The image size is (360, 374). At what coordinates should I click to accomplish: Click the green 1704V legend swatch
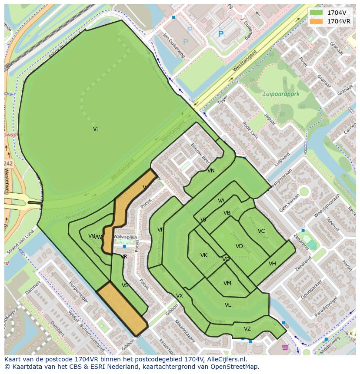click(x=317, y=12)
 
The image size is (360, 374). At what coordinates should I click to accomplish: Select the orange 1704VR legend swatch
click(x=317, y=21)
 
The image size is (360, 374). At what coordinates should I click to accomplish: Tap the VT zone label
click(x=96, y=129)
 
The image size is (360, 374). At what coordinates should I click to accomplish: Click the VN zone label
click(x=211, y=171)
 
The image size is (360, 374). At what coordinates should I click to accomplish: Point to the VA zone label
click(x=221, y=201)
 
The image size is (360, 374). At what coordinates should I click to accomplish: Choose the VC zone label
click(x=261, y=231)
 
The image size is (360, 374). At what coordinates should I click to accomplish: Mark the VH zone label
click(x=272, y=264)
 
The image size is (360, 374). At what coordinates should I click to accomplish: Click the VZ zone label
click(x=247, y=329)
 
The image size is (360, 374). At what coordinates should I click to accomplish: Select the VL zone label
click(x=228, y=305)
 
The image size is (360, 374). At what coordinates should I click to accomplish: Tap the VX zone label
click(x=180, y=296)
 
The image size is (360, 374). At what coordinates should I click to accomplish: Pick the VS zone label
click(x=125, y=285)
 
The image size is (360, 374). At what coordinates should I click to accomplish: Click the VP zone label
click(x=160, y=230)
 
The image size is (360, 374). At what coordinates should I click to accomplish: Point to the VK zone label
click(x=204, y=255)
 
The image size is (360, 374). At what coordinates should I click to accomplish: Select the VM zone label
click(x=227, y=283)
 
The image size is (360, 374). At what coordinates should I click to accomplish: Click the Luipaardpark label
click(x=281, y=94)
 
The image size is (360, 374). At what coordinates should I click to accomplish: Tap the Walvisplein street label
click(x=125, y=237)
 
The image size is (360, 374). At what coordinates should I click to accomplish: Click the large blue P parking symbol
click(x=221, y=34)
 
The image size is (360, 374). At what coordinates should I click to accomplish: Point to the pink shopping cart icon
click(x=285, y=347)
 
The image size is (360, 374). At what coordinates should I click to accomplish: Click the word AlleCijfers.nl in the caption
click(x=227, y=360)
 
